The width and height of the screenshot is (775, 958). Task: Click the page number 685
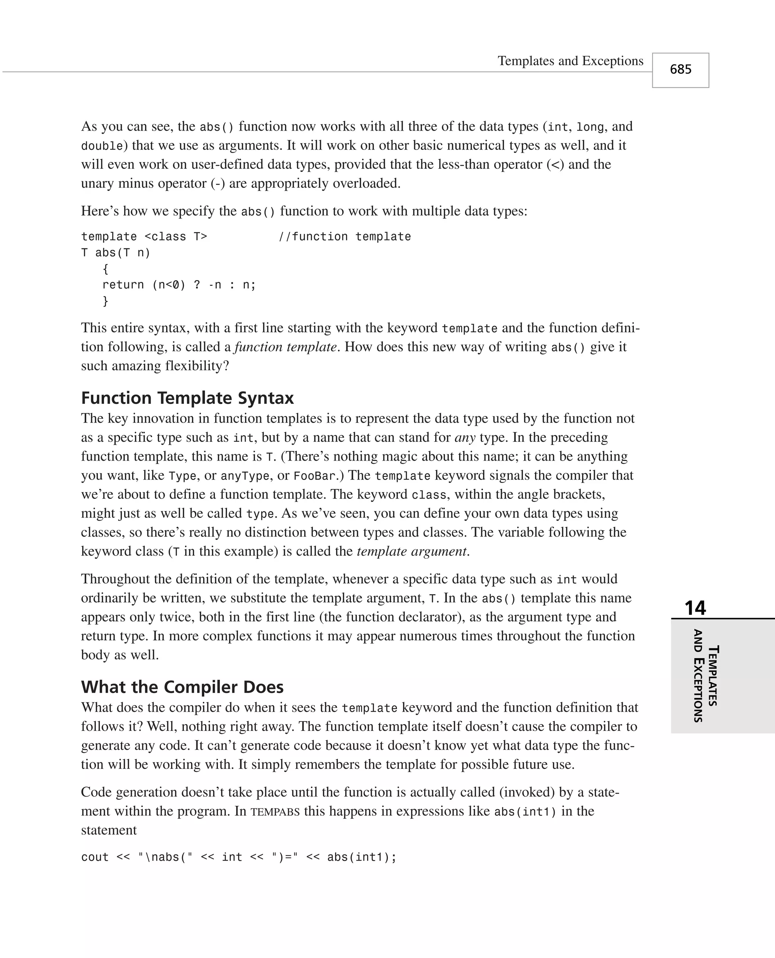680,70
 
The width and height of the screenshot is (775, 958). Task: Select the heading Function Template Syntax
187,398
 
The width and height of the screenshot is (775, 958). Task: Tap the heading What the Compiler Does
182,687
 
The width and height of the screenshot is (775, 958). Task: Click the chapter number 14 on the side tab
695,608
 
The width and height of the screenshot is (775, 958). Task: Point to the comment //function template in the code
344,237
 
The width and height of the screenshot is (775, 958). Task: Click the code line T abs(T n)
116,253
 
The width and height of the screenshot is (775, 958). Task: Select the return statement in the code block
179,285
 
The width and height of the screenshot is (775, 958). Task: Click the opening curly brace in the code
105,269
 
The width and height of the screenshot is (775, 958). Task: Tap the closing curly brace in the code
105,301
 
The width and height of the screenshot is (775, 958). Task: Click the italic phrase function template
285,347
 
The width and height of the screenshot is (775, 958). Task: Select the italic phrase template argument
412,551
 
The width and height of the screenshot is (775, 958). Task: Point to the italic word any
465,438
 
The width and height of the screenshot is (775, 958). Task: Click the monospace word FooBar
314,476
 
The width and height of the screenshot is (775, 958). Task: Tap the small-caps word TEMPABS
275,812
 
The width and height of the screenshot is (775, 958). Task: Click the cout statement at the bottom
238,857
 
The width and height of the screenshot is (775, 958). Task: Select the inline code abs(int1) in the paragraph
525,812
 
